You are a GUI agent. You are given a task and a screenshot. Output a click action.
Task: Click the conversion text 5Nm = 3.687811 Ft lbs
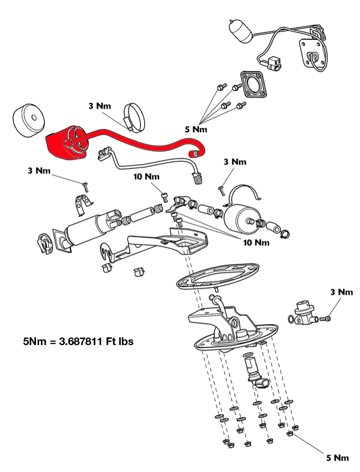(78, 342)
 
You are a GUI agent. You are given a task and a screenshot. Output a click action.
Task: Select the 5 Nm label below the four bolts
(196, 129)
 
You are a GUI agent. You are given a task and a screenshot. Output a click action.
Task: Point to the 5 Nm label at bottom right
(338, 458)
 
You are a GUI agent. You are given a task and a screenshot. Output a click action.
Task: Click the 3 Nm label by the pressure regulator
(341, 292)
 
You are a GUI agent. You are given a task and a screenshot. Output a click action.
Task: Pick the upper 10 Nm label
(147, 177)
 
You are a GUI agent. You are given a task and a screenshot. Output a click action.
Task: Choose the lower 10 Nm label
(257, 242)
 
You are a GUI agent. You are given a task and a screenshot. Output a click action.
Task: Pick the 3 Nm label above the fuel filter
(235, 162)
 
